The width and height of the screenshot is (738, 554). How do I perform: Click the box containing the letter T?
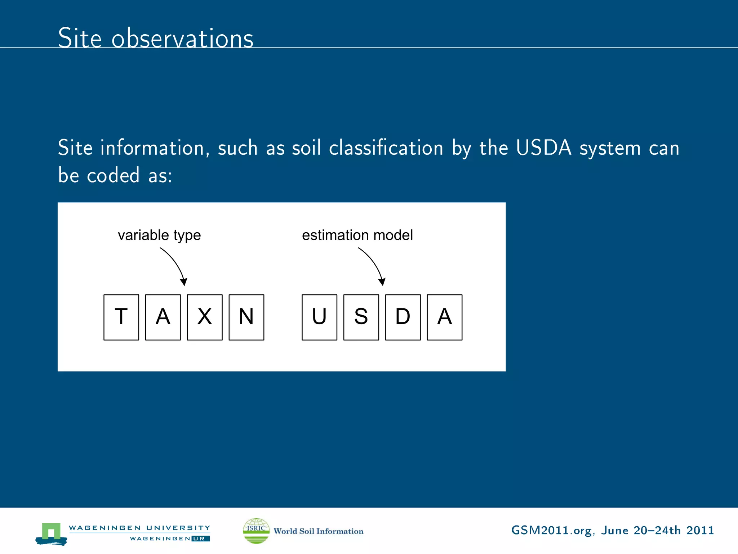tap(121, 317)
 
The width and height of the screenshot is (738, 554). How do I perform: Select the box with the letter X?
tap(205, 317)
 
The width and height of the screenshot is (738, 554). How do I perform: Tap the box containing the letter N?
tap(246, 317)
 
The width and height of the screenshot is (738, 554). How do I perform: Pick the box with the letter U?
tap(319, 317)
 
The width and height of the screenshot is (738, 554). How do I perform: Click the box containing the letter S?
tap(361, 317)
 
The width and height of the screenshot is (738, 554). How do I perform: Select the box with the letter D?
tap(403, 317)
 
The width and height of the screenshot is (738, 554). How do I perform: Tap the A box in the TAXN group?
tap(163, 317)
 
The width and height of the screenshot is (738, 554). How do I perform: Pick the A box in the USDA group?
tap(445, 317)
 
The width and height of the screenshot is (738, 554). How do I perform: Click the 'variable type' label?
tap(159, 235)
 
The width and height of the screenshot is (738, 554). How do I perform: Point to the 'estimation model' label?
tap(357, 235)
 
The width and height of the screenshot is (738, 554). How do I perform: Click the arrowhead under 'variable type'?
tap(184, 281)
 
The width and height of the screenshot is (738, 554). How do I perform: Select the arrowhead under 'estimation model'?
tap(382, 281)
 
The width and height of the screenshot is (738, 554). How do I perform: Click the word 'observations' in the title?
tap(182, 38)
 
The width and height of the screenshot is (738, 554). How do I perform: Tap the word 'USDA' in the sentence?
tap(543, 148)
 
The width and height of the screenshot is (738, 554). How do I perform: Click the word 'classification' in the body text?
tap(386, 148)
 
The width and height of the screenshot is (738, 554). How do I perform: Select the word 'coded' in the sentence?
tap(113, 176)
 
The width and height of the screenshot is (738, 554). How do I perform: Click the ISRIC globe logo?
tap(256, 531)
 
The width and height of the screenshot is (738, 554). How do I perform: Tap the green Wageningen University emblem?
tap(52, 533)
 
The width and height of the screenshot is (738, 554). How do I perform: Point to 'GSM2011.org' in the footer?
tap(551, 531)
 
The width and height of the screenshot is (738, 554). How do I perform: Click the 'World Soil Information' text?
tap(319, 531)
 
